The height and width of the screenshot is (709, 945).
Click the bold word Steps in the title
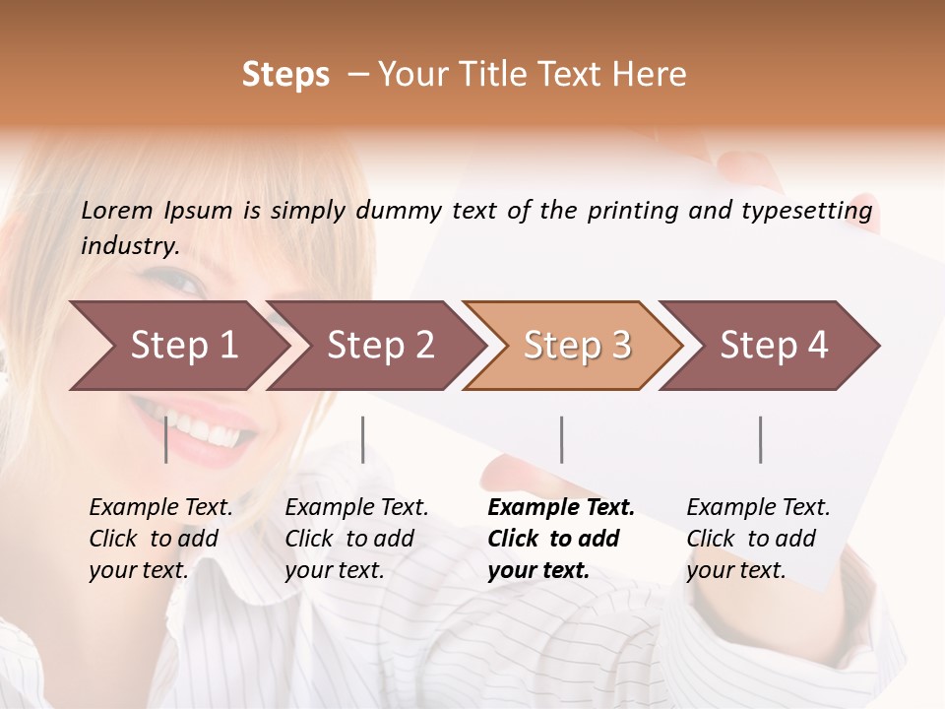pyautogui.click(x=285, y=75)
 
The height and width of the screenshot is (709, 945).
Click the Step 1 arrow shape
pyautogui.click(x=177, y=346)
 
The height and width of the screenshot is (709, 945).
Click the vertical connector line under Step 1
pyautogui.click(x=165, y=439)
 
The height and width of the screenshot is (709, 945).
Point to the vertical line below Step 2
pyautogui.click(x=363, y=439)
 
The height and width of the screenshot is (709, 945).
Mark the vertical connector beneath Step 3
pyautogui.click(x=561, y=439)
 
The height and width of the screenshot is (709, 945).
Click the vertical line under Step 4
pyautogui.click(x=760, y=439)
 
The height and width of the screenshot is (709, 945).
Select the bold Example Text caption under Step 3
pyautogui.click(x=561, y=539)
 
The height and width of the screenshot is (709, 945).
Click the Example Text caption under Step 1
pyautogui.click(x=160, y=539)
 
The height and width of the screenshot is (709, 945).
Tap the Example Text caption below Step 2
pyautogui.click(x=356, y=539)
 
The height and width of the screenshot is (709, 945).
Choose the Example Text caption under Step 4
pyautogui.click(x=758, y=539)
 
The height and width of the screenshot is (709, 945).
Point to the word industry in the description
pyautogui.click(x=130, y=246)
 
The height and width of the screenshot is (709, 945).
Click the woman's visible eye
pyautogui.click(x=183, y=282)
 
